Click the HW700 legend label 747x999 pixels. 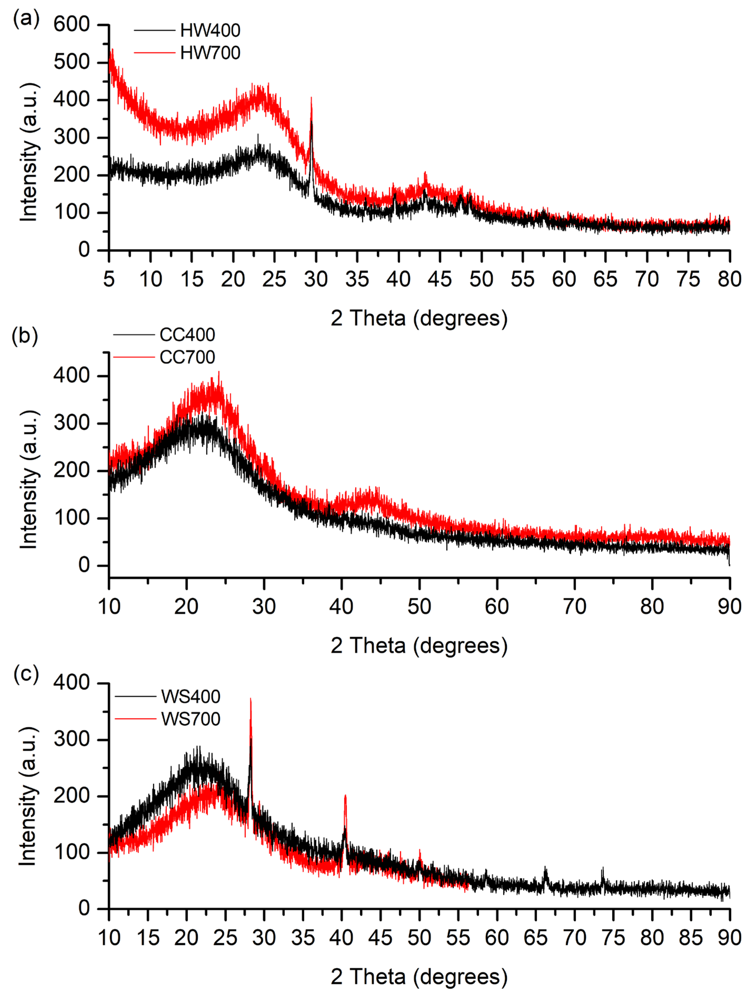pyautogui.click(x=210, y=53)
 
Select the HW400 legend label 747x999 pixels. pyautogui.click(x=210, y=30)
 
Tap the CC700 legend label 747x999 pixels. pyautogui.click(x=187, y=357)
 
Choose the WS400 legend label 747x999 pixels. pyautogui.click(x=190, y=696)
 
